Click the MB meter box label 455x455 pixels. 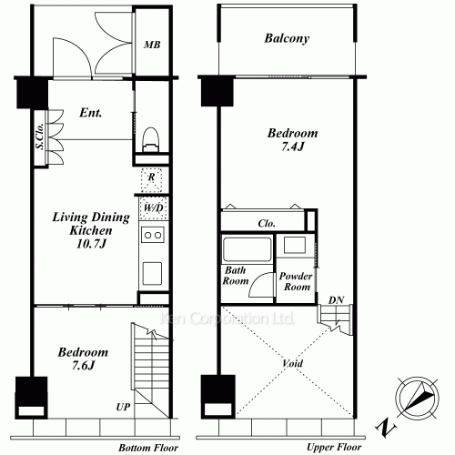152,45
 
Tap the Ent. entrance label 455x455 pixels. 91,113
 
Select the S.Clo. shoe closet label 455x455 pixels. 40,136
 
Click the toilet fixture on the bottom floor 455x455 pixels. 151,139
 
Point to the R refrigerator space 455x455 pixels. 151,180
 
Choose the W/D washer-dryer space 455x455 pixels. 154,208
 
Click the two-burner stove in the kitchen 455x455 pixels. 153,235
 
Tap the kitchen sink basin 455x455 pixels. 152,273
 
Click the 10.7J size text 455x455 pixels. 91,244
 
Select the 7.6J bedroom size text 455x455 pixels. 83,366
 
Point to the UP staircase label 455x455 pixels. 123,407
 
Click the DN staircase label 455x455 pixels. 336,300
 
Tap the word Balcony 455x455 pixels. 287,38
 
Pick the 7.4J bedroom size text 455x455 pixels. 292,147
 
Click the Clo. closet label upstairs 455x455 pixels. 267,224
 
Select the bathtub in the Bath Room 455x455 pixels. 247,249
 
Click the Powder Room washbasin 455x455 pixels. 295,245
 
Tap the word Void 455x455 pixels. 293,363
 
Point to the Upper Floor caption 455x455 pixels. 334,447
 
